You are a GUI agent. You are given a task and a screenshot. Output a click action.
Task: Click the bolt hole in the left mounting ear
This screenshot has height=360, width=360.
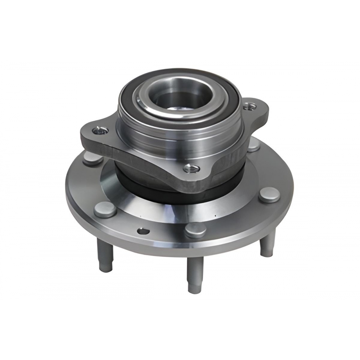point(100,131)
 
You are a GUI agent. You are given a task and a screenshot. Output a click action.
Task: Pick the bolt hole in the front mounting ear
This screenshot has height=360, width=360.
point(191,168)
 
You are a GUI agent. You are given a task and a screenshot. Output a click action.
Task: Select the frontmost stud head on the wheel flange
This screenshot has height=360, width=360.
point(195,230)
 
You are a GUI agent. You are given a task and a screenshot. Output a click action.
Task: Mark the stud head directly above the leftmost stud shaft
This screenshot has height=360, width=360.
point(105,210)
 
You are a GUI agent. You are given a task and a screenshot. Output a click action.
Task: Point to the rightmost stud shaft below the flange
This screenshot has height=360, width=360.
point(268,245)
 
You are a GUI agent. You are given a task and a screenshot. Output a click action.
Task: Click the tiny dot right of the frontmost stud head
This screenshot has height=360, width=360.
point(215,217)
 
